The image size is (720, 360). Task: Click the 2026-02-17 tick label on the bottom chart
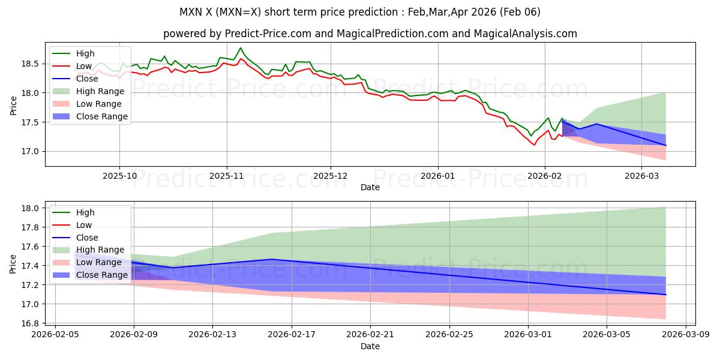pos(292,334)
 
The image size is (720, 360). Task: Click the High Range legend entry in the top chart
pos(100,91)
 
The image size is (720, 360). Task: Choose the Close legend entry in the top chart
pos(87,79)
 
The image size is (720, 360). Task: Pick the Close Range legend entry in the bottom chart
pos(101,275)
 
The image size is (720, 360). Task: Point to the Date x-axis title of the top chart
pos(370,187)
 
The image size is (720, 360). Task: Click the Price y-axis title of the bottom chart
pos(13,263)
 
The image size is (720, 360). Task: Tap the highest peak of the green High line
pos(241,48)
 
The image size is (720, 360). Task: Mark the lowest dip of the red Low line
pos(534,145)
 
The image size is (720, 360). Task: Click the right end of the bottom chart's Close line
pos(665,295)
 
